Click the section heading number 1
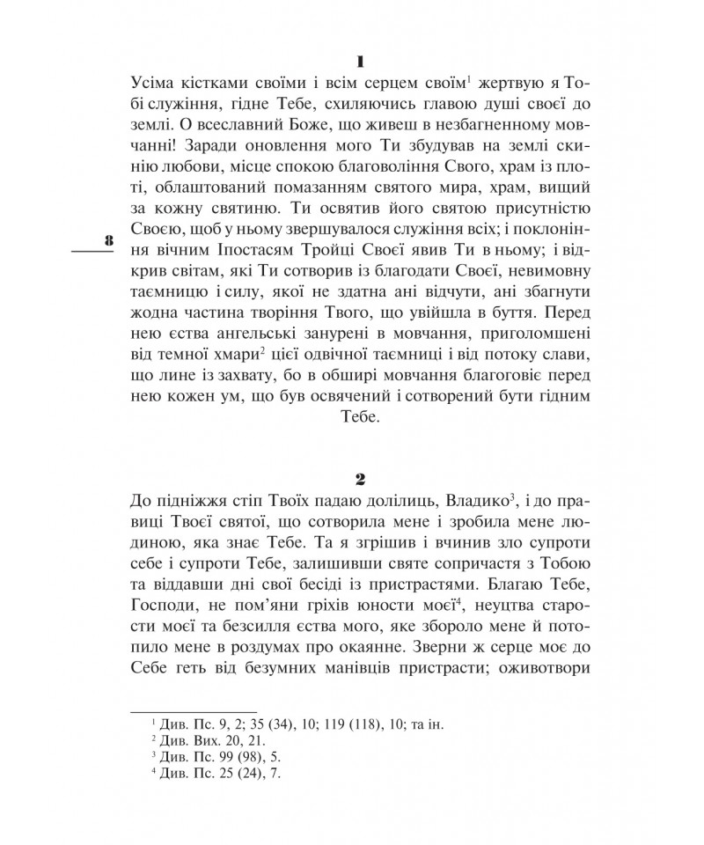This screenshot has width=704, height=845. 360,61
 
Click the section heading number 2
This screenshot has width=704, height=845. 360,479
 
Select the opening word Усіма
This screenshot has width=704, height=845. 156,83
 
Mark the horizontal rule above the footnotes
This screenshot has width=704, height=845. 193,710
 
